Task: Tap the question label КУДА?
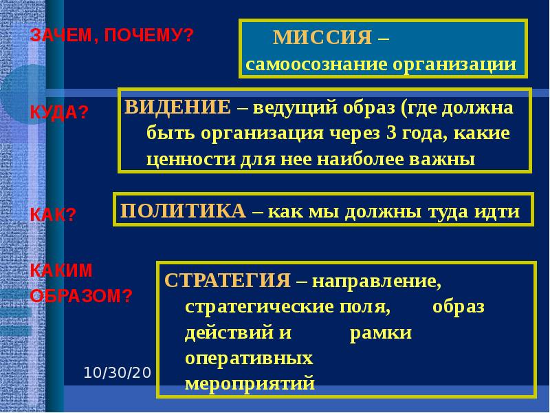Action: pyautogui.click(x=59, y=112)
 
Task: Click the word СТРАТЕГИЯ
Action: pyautogui.click(x=228, y=281)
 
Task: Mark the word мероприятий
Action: pyautogui.click(x=250, y=383)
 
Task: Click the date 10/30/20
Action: pyautogui.click(x=117, y=372)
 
